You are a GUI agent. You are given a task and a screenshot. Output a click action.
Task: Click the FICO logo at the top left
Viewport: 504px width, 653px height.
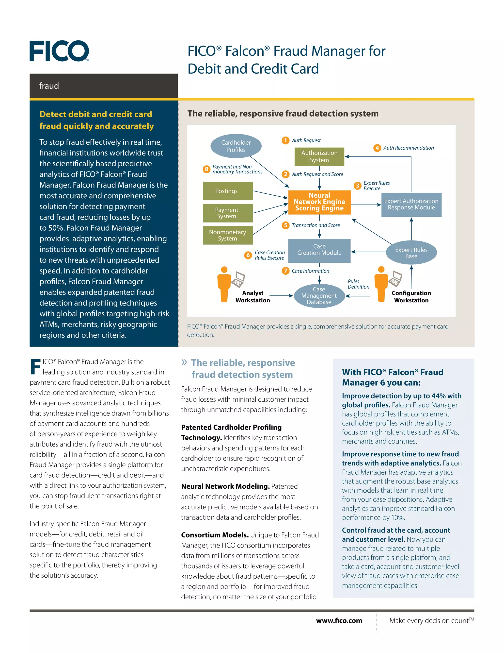coord(59,51)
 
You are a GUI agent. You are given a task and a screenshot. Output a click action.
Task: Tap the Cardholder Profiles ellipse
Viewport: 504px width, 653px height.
coord(236,146)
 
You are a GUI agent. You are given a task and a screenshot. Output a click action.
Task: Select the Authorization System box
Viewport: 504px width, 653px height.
coord(319,156)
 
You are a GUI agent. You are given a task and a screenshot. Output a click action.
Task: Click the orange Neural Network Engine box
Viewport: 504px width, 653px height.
coord(319,202)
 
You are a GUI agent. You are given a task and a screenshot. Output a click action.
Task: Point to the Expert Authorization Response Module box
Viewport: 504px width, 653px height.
coord(411,205)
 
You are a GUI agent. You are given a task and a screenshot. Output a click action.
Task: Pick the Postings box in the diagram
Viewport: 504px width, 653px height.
coord(228,191)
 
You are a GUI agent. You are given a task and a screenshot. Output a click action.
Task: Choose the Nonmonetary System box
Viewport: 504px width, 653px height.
coord(228,235)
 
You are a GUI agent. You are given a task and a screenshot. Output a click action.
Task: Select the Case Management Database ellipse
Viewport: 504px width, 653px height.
coord(319,296)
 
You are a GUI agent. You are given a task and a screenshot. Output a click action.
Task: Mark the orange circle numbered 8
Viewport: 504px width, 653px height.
coord(206,169)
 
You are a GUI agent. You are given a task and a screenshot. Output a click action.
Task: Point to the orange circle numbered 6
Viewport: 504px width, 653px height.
coord(248,255)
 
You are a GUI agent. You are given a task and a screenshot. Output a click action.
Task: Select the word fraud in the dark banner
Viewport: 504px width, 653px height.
coord(49,86)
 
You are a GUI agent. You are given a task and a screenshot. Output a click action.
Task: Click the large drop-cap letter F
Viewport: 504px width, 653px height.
coord(35,367)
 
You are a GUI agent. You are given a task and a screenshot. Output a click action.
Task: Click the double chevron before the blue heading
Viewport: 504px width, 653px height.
coord(184,363)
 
